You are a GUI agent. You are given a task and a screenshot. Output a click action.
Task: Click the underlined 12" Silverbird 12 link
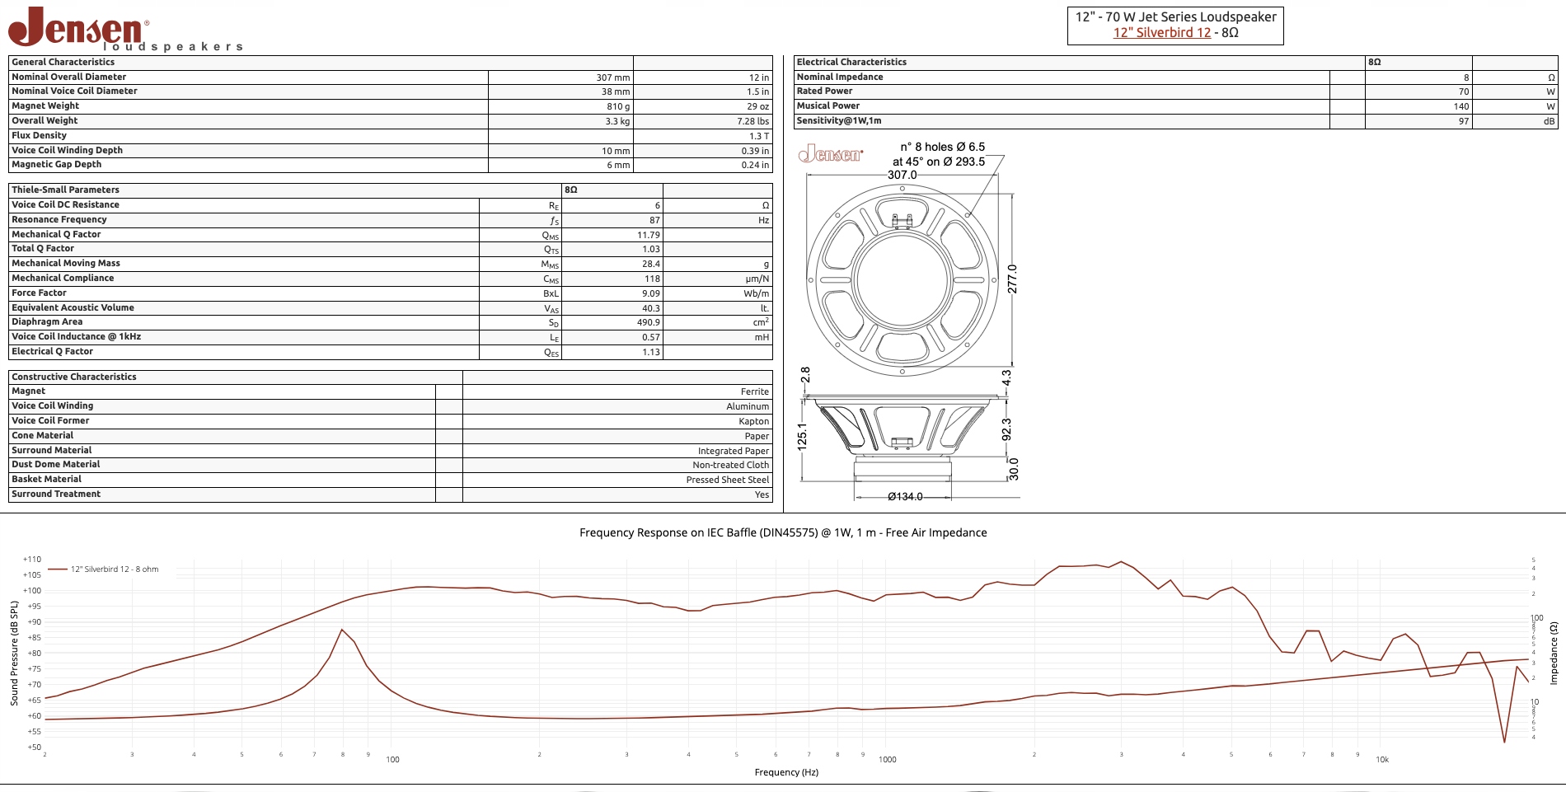pos(1162,33)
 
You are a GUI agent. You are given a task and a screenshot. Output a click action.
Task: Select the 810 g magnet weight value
pos(618,106)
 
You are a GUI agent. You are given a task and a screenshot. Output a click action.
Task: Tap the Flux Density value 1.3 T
pos(759,136)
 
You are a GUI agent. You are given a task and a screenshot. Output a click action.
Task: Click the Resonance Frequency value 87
pos(654,220)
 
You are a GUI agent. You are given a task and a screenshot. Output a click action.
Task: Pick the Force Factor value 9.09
pos(651,293)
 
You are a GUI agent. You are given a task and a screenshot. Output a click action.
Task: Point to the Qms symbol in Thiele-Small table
pos(551,235)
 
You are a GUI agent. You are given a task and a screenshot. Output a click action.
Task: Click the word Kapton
pos(753,421)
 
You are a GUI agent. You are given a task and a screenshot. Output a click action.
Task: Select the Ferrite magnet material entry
pos(754,391)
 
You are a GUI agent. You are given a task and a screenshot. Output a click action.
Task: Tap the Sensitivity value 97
pos(1464,121)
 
